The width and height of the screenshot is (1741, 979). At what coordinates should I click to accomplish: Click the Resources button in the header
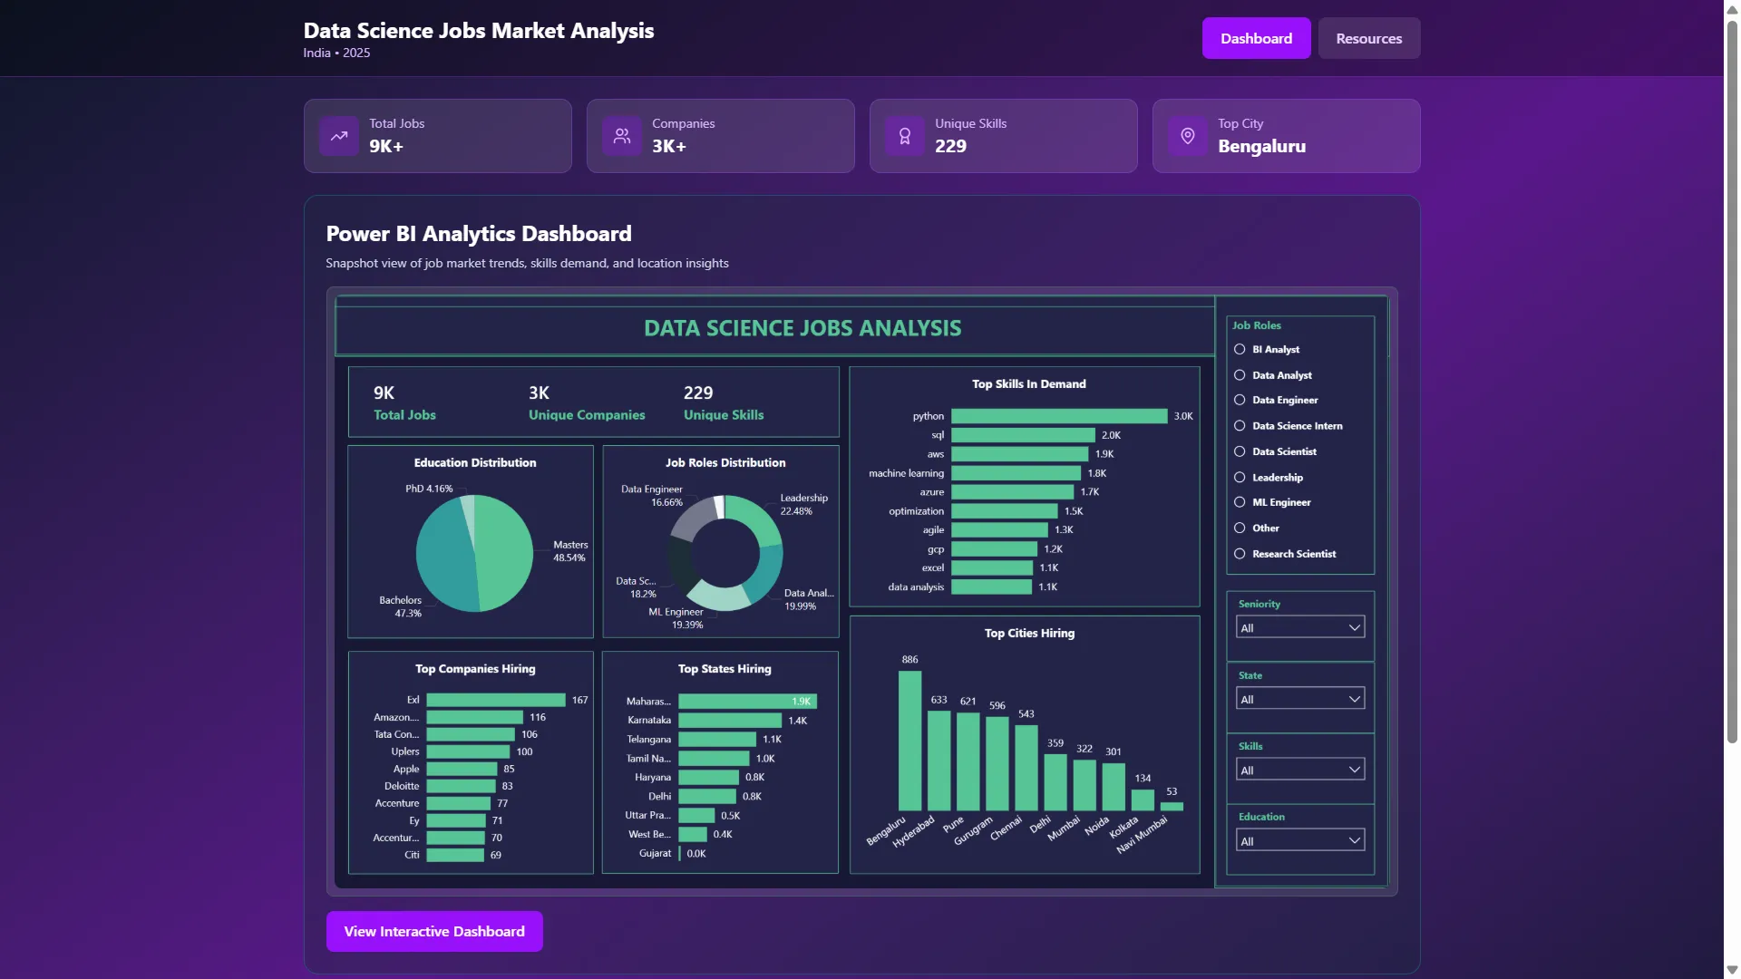click(1368, 38)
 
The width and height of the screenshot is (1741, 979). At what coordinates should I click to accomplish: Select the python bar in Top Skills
click(1058, 416)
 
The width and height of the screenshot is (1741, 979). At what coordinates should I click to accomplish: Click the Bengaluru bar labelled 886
click(909, 740)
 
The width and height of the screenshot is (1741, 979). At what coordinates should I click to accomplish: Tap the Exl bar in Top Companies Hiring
click(496, 700)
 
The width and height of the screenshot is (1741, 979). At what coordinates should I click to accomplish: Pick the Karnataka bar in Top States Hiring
click(729, 721)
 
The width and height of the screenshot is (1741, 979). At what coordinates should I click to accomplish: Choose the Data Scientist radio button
click(1240, 451)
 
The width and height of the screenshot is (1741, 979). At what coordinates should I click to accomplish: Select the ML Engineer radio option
click(1240, 502)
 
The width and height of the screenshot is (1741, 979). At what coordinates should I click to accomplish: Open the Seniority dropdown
click(1299, 627)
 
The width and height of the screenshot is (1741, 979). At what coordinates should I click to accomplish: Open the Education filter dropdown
click(1299, 841)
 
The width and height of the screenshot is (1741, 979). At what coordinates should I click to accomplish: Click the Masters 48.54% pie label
click(570, 551)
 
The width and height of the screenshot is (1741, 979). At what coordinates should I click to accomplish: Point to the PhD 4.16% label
click(429, 489)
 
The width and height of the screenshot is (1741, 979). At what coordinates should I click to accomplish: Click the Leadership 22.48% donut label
click(802, 504)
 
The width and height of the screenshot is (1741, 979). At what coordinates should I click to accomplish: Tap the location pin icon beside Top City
click(1187, 136)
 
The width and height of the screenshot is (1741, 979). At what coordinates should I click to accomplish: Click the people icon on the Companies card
click(621, 136)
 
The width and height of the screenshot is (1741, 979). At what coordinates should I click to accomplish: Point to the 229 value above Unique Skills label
click(697, 393)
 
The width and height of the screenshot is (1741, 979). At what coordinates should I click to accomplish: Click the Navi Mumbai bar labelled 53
click(1172, 806)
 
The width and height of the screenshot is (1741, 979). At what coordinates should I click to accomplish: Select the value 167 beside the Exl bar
click(579, 700)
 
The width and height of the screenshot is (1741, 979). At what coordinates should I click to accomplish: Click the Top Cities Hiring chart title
click(1029, 634)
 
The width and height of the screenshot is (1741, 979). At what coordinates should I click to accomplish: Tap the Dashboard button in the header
click(1256, 38)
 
